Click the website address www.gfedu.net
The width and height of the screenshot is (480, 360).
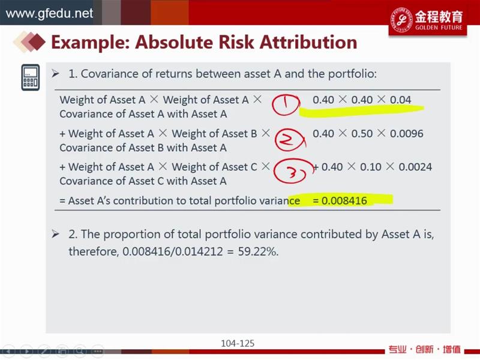click(x=49, y=13)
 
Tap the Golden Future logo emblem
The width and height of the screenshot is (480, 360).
click(x=401, y=19)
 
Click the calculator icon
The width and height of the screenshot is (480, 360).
click(x=31, y=77)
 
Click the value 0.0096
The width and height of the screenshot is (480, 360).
click(x=407, y=133)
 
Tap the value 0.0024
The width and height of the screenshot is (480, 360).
click(x=415, y=167)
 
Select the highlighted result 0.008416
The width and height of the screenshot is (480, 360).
click(x=344, y=201)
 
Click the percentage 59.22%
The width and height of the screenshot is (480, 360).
click(x=258, y=251)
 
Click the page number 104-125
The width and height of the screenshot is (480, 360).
click(x=238, y=343)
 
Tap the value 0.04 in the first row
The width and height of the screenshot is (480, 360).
click(x=400, y=100)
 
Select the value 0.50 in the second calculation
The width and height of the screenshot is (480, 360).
click(x=362, y=133)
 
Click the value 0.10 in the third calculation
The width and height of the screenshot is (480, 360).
click(x=370, y=167)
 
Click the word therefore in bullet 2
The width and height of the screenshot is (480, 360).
click(x=94, y=251)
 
